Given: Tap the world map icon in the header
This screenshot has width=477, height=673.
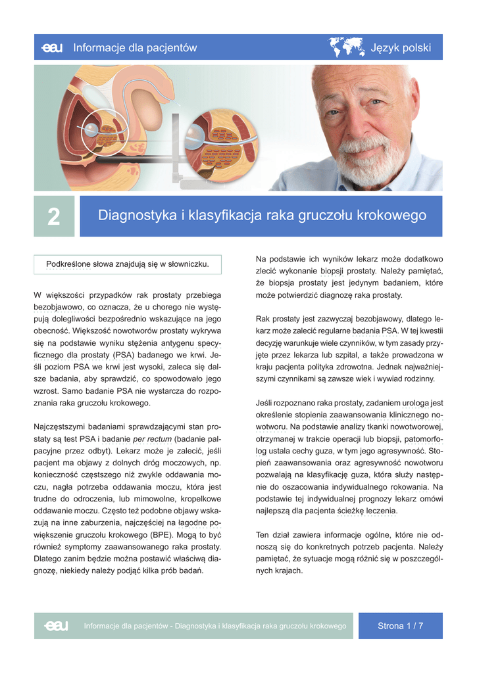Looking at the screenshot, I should [347, 47].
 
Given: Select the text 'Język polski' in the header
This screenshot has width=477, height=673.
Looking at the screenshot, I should [401, 48].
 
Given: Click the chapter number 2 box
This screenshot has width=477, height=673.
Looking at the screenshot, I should [55, 217].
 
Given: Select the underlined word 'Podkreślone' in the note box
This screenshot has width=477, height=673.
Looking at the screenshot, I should [68, 264].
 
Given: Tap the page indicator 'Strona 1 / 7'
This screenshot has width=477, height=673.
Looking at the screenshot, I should [400, 626].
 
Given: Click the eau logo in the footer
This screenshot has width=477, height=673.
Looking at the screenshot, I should [57, 626].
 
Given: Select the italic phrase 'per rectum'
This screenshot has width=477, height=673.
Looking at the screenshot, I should [153, 439].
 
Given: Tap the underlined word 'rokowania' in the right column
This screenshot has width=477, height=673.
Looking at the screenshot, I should [409, 487].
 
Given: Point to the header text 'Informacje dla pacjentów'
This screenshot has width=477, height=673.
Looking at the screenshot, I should [135, 48].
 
